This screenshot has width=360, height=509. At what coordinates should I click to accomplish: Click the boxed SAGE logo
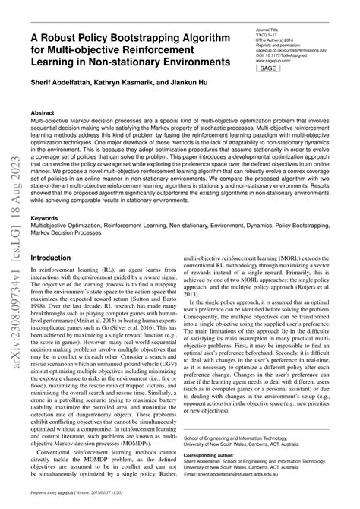tap(268, 68)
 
